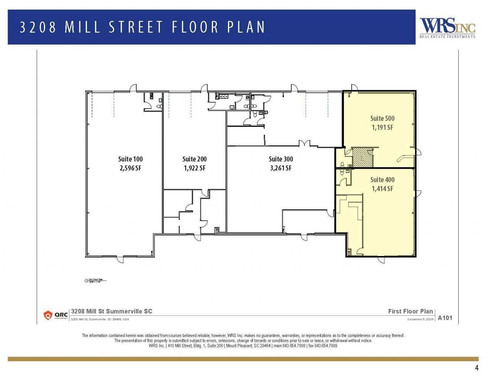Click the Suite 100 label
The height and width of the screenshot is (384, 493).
[130, 159]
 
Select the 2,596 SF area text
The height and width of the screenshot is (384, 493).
[130, 168]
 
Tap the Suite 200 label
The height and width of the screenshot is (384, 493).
[194, 159]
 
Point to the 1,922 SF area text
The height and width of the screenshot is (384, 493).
[194, 168]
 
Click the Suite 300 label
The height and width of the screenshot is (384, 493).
[280, 159]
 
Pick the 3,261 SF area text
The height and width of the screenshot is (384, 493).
[280, 168]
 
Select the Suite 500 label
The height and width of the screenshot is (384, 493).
[382, 118]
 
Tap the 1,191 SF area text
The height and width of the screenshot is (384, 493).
[382, 127]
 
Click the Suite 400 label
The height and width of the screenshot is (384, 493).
[382, 180]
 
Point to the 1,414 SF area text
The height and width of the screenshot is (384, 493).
[382, 189]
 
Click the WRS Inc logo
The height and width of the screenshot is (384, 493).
[447, 28]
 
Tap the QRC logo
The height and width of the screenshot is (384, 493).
[56, 315]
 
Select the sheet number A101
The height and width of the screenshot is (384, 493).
[445, 318]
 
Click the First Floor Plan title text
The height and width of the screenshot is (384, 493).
[410, 311]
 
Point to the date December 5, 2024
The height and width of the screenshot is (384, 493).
[420, 319]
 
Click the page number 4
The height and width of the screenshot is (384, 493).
[476, 368]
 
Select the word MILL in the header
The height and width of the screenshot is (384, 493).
[83, 27]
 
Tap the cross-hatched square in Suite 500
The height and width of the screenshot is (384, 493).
[362, 157]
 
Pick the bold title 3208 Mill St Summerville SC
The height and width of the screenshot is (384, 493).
[112, 311]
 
